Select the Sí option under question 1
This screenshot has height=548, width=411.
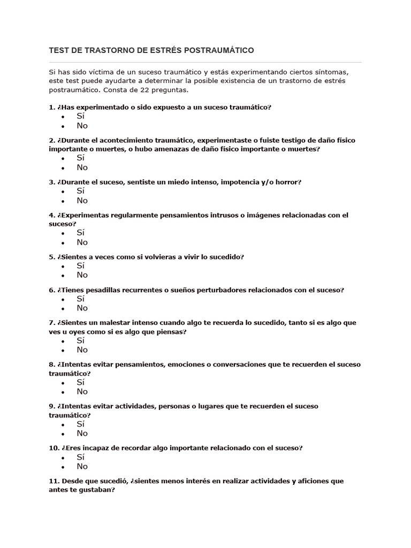tap(81, 116)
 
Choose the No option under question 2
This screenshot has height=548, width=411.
tap(82, 168)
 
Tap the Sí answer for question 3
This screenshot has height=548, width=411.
tap(81, 191)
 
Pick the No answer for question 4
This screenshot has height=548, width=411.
tap(82, 242)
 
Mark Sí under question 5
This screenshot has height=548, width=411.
tap(81, 265)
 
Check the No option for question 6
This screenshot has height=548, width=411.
tap(82, 308)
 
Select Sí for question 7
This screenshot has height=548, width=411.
tap(81, 340)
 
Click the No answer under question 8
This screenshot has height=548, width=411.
tap(82, 391)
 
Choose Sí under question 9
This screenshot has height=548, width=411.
tap(81, 424)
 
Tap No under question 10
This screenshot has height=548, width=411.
tap(82, 466)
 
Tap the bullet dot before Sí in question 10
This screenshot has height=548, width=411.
tap(63, 458)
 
